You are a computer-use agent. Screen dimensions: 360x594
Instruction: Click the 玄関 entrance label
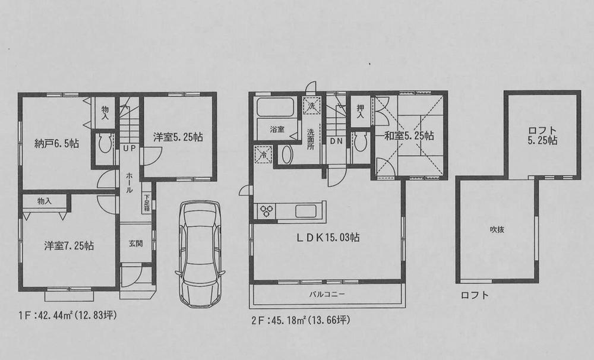coord(135,244)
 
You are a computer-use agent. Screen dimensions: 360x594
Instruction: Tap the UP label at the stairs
coord(129,148)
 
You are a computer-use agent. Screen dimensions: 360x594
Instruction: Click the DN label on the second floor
coord(335,141)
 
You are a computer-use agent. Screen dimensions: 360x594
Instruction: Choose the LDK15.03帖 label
coord(328,237)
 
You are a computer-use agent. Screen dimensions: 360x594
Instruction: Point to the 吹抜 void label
coord(497,230)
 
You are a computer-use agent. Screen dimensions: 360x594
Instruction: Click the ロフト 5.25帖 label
coord(541,135)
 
